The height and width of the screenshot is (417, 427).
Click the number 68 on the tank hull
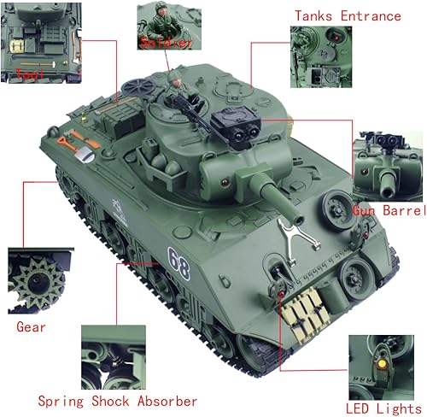click(178, 256)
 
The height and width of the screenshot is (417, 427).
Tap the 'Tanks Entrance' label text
click(347, 16)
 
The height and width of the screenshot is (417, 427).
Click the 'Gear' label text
click(31, 326)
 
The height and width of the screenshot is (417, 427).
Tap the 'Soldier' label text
click(161, 40)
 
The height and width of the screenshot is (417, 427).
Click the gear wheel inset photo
click(36, 281)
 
